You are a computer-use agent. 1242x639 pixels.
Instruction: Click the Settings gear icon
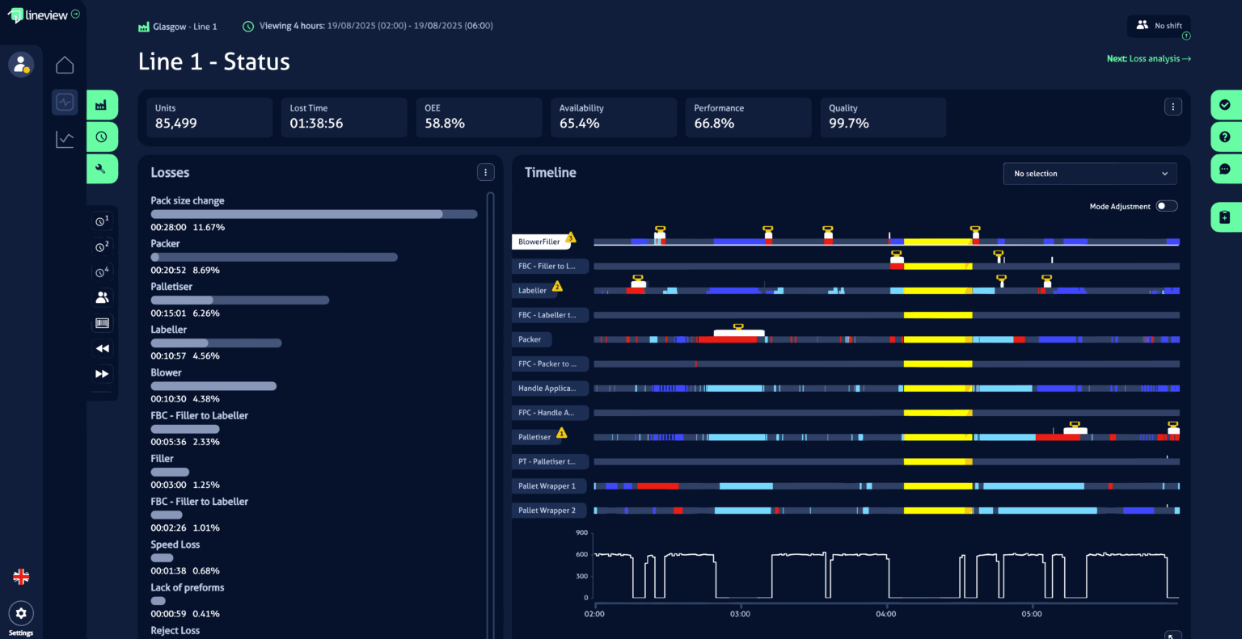[x=21, y=613]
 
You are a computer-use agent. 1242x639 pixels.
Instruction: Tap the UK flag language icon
[x=21, y=577]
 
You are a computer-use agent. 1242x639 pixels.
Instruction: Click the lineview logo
[x=38, y=15]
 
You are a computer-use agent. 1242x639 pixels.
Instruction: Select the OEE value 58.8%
[x=445, y=124]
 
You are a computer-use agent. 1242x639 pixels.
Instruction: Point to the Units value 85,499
[x=176, y=124]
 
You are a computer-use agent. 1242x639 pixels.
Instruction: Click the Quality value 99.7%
[x=849, y=124]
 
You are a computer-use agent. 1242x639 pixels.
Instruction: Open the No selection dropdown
[x=1089, y=174]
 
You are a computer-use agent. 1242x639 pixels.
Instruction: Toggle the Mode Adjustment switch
[x=1166, y=206]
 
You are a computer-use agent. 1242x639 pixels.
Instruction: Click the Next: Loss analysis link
[x=1148, y=59]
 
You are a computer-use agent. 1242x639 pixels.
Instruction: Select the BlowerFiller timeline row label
[x=539, y=242]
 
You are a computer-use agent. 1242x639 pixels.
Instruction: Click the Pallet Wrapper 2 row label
[x=547, y=511]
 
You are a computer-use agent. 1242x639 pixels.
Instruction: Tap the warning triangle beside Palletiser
[x=561, y=434]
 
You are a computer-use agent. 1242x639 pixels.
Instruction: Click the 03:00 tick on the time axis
[x=740, y=614]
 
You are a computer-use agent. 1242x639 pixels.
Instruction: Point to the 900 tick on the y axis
[x=581, y=533]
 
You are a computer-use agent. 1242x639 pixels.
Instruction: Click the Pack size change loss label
[x=188, y=200]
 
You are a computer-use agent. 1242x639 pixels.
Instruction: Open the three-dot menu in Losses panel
[x=485, y=172]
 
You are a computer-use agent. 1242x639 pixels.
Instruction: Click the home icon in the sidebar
[x=65, y=65]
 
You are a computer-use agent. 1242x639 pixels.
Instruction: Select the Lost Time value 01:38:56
[x=316, y=124]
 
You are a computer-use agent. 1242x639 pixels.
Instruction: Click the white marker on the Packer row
[x=738, y=332]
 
